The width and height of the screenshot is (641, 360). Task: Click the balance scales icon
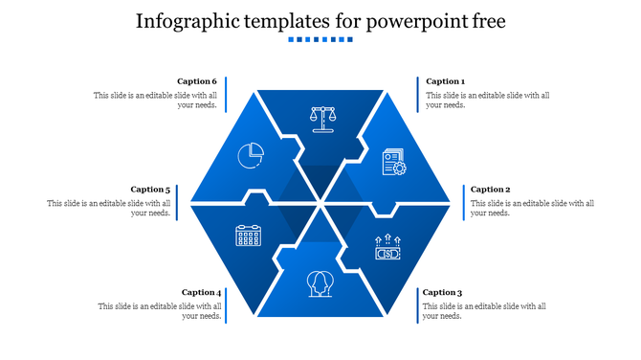click(323, 118)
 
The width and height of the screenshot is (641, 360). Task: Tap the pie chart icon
click(251, 153)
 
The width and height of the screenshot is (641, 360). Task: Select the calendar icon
click(249, 235)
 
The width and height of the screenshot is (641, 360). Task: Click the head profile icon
click(320, 283)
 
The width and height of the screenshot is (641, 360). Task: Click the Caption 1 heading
click(445, 81)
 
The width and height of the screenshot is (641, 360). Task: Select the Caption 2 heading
click(490, 190)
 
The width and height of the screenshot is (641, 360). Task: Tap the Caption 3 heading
click(442, 292)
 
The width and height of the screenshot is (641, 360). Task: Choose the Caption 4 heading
click(201, 292)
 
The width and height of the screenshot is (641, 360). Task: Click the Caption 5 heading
click(150, 190)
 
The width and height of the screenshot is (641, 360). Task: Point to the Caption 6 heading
click(197, 81)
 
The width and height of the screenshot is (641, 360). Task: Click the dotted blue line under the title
click(320, 40)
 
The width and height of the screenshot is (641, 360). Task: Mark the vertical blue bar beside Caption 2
click(464, 202)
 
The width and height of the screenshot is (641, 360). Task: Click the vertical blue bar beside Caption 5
click(178, 202)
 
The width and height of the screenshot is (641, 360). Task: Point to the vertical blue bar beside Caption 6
click(225, 94)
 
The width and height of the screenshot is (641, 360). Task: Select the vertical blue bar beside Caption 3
click(417, 304)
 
